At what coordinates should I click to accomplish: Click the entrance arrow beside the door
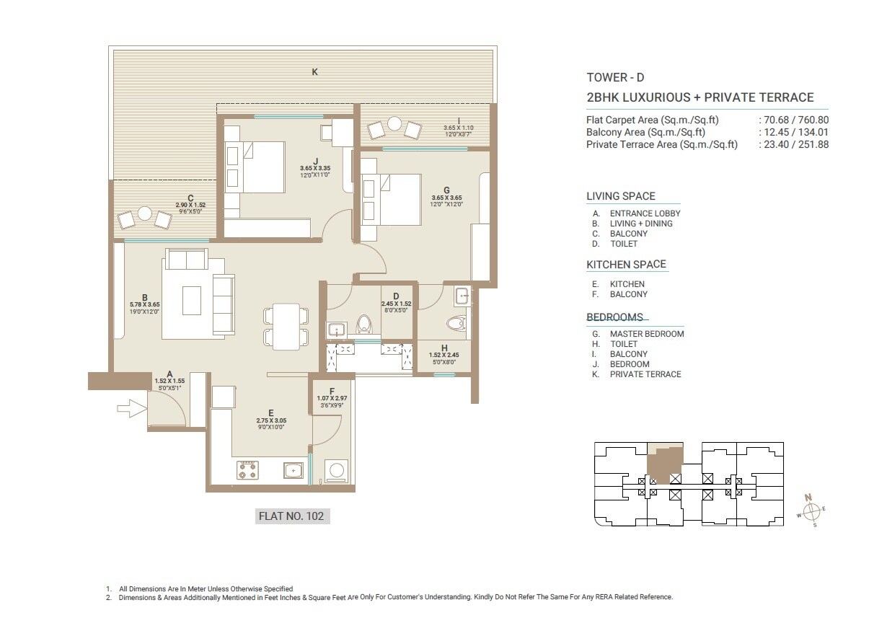point(129,410)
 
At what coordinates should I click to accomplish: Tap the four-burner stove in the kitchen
point(247,471)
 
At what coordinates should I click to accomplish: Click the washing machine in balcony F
point(336,471)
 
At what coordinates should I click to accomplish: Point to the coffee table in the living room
point(191,300)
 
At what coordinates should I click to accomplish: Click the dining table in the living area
point(286,326)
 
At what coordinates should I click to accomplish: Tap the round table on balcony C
point(144,214)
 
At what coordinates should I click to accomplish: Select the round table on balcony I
point(394,124)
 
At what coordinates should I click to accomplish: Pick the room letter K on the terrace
point(314,71)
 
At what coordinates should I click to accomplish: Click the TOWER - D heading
point(615,78)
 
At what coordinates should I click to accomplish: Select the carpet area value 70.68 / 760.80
point(793,120)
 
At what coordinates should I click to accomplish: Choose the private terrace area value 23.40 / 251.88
point(793,144)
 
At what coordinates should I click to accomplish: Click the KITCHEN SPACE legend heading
point(626,265)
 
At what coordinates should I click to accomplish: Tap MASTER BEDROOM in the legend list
point(646,334)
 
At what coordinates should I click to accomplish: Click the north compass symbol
point(813,511)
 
